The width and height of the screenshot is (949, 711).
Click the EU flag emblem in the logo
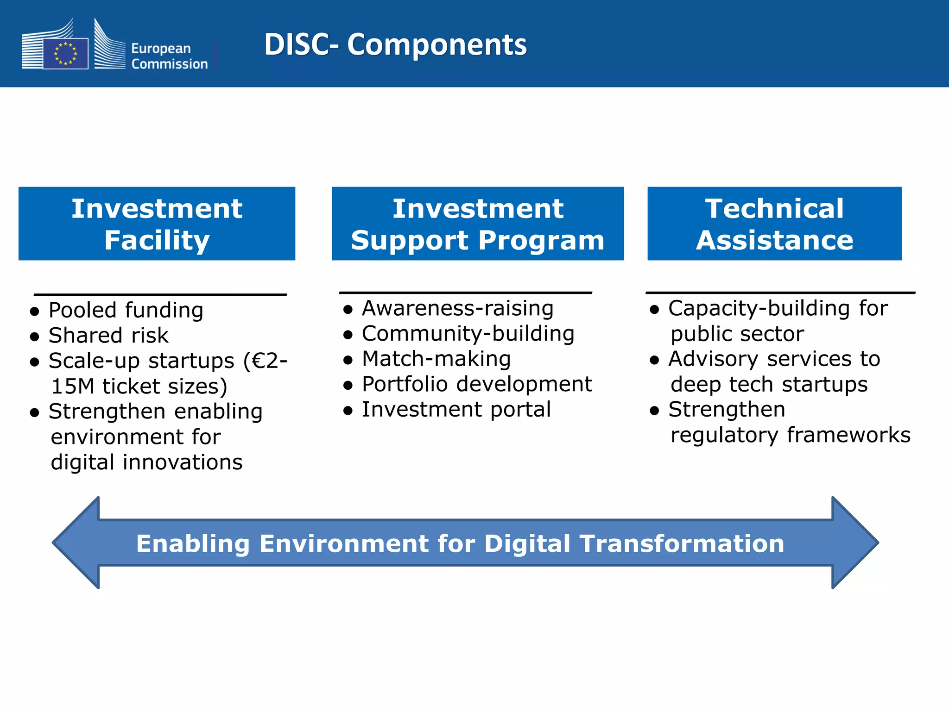click(x=65, y=53)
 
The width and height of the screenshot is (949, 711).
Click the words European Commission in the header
click(x=169, y=56)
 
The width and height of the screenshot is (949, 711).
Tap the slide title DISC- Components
click(x=395, y=44)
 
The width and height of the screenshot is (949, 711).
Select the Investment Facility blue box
click(x=157, y=224)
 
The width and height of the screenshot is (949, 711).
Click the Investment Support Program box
click(x=477, y=224)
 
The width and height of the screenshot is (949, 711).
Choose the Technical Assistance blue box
click(x=774, y=224)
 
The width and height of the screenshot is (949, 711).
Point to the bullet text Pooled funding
click(x=126, y=310)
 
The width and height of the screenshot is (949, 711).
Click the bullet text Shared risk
click(x=108, y=336)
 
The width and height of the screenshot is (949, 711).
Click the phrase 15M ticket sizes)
click(x=139, y=386)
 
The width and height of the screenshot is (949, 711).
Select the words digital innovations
click(x=146, y=462)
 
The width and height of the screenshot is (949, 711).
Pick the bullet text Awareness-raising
click(x=457, y=308)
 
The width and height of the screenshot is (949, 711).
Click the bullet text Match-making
click(x=436, y=359)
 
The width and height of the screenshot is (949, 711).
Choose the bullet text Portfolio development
click(x=477, y=384)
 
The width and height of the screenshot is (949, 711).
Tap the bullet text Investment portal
click(x=456, y=410)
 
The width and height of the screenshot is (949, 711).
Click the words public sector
click(x=737, y=334)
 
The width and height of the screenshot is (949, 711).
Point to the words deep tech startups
click(x=769, y=384)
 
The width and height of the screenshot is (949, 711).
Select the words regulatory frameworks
click(x=790, y=435)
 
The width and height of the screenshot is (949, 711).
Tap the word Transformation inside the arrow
click(x=682, y=543)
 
